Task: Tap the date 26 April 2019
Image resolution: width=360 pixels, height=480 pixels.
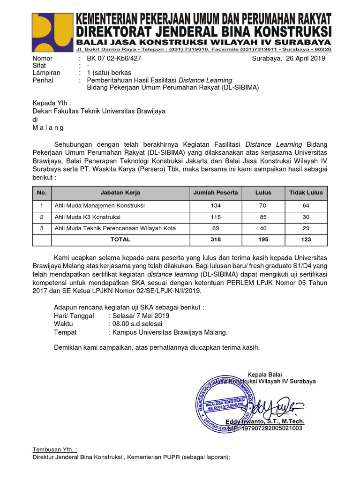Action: click(300, 59)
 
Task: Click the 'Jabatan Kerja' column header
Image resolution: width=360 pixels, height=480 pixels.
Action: click(120, 193)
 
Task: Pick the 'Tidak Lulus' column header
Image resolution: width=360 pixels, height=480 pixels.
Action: click(306, 193)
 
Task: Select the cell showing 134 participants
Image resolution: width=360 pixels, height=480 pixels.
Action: click(216, 206)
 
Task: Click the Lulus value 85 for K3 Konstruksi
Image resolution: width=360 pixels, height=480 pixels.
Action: click(263, 217)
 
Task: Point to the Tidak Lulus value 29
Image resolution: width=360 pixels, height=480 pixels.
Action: click(306, 228)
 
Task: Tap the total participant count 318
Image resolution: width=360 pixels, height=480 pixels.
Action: click(216, 240)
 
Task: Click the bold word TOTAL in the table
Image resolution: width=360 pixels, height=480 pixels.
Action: click(120, 240)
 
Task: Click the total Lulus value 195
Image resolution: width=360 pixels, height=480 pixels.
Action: click(263, 240)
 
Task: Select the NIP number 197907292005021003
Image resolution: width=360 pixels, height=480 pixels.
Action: click(272, 428)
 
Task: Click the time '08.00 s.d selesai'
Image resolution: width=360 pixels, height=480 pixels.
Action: click(135, 324)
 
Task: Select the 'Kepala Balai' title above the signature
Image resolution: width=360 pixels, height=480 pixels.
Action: click(264, 374)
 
